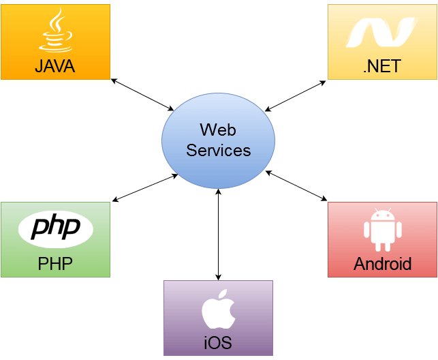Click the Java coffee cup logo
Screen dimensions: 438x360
coord(56,30)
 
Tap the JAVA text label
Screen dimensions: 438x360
coord(55,66)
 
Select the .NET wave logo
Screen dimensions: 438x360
coord(381,33)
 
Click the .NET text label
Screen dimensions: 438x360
coord(382,66)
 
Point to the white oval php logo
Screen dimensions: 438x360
coord(56,229)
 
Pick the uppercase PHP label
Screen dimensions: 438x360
coord(55,264)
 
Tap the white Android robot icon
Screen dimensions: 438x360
coord(383,230)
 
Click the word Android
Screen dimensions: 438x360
coord(383,264)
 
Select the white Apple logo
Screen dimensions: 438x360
coord(218,309)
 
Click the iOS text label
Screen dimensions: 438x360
coord(218,342)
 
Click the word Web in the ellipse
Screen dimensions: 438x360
coord(218,130)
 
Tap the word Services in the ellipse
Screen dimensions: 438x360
coord(219,151)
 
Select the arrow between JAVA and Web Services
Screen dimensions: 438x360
coord(142,95)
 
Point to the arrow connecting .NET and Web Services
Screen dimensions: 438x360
coord(295,96)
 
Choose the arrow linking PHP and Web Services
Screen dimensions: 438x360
coord(145,187)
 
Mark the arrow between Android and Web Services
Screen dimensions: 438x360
coord(296,186)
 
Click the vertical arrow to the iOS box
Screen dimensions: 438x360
coord(219,235)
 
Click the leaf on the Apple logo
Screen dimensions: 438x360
coord(222,295)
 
